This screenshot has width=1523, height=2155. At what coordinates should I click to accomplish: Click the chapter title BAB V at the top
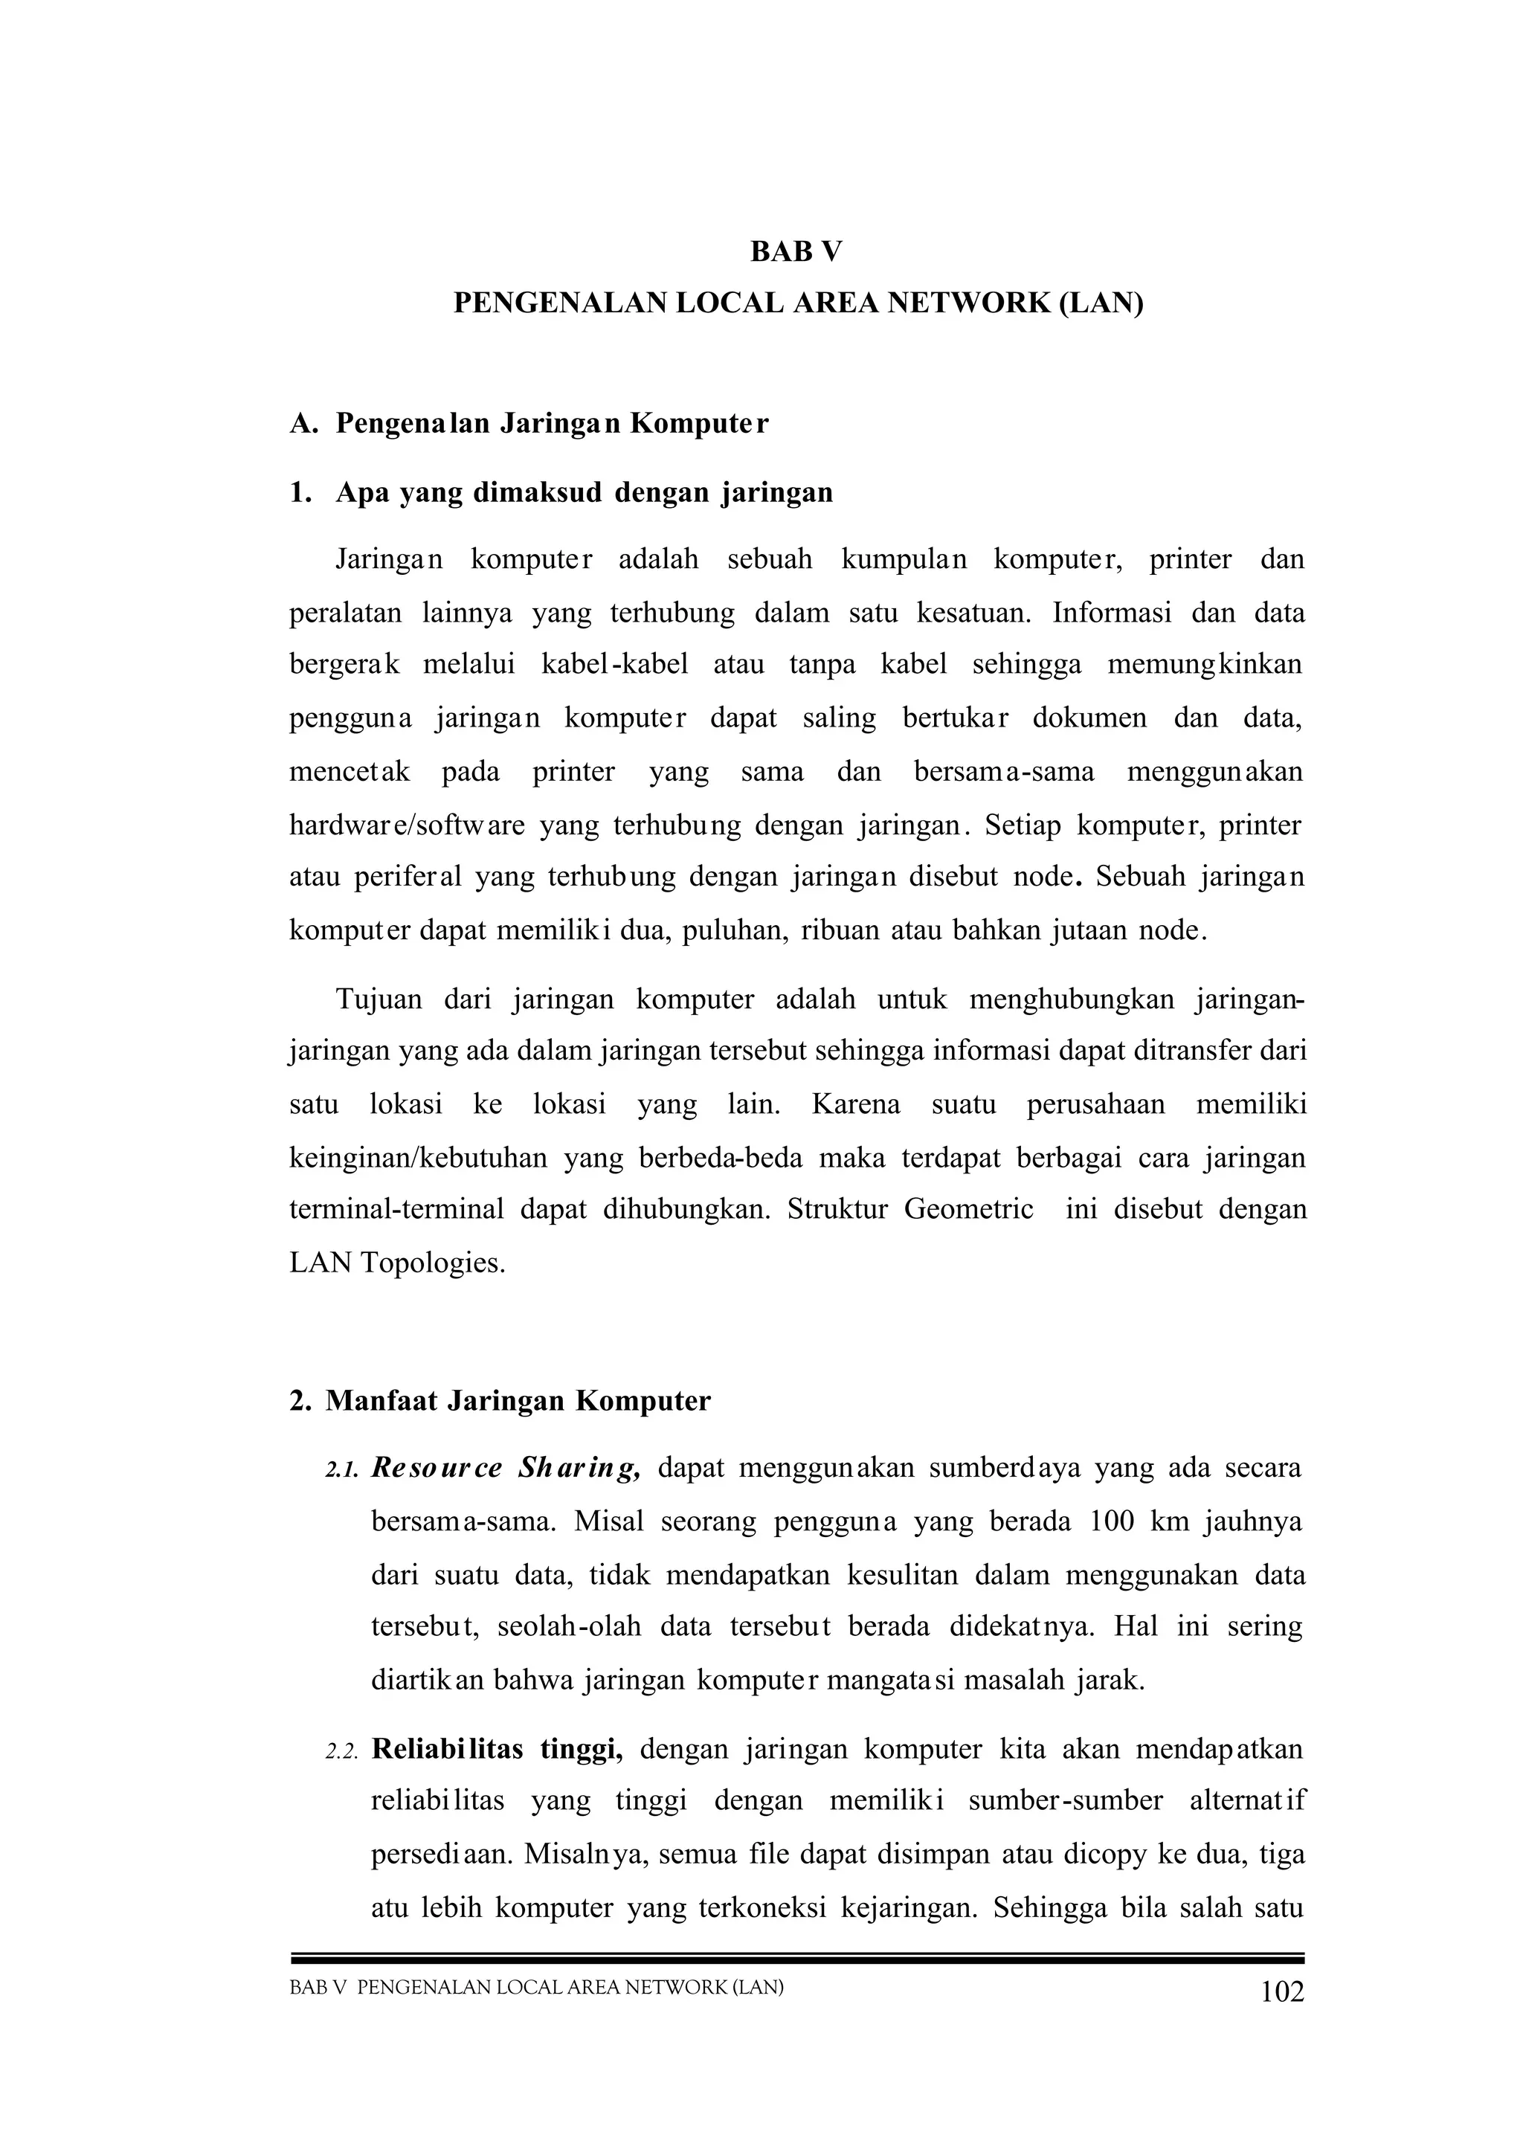[x=796, y=251]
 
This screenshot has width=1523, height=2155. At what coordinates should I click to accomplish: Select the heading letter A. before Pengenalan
[x=304, y=425]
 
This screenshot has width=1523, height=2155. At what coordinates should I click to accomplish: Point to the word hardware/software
[x=406, y=826]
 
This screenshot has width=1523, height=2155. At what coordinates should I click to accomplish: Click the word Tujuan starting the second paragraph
[x=379, y=999]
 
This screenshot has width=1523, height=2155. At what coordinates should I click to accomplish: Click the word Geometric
[x=968, y=1209]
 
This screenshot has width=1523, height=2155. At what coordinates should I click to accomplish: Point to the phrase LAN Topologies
[x=397, y=1263]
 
